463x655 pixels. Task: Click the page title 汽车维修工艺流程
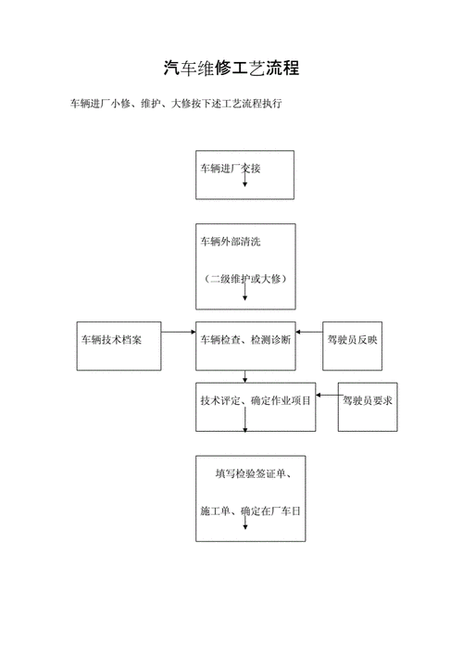[x=231, y=68]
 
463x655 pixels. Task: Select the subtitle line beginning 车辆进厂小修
[x=176, y=105]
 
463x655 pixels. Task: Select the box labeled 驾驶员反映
[x=353, y=340]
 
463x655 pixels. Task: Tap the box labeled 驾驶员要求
[x=369, y=400]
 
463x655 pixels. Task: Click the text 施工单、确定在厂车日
[x=250, y=510]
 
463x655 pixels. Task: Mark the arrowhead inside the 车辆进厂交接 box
[x=245, y=183]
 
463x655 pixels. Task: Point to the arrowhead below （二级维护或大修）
[x=245, y=296]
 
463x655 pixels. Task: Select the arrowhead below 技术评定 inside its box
[x=245, y=428]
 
